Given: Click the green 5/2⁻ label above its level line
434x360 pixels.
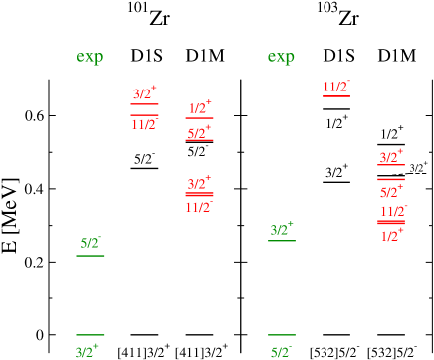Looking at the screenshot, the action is [x=90, y=243].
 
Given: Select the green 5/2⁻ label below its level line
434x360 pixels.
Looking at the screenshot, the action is [x=281, y=351].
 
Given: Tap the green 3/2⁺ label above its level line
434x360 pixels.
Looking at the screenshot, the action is [x=282, y=230].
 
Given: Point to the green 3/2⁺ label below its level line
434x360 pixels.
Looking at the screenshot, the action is [x=89, y=351].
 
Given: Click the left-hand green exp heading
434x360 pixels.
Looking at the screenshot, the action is [x=90, y=57].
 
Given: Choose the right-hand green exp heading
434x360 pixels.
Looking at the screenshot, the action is [x=281, y=57].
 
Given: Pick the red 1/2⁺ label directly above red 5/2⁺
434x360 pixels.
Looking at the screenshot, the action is [x=199, y=107].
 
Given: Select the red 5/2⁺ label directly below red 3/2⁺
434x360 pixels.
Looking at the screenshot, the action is [x=391, y=191].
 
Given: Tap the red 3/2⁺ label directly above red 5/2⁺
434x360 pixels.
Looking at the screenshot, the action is [x=391, y=158].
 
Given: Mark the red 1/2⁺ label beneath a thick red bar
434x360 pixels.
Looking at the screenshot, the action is [x=392, y=235].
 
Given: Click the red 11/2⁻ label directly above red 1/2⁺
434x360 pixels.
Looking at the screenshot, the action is [x=393, y=211].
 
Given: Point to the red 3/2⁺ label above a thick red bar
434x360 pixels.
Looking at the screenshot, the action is [x=199, y=183].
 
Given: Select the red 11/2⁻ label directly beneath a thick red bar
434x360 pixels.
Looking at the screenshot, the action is [x=199, y=207].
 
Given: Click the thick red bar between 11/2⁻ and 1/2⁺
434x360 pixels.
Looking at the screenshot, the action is [x=391, y=223].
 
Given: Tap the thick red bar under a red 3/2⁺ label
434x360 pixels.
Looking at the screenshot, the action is [x=199, y=195].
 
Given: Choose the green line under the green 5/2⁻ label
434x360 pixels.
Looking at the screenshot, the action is [x=90, y=256].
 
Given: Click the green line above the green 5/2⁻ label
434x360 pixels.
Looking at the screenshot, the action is [x=281, y=335].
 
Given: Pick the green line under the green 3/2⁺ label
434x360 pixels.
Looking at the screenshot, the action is [x=282, y=241].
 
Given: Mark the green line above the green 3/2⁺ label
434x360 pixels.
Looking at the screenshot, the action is [x=90, y=335].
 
